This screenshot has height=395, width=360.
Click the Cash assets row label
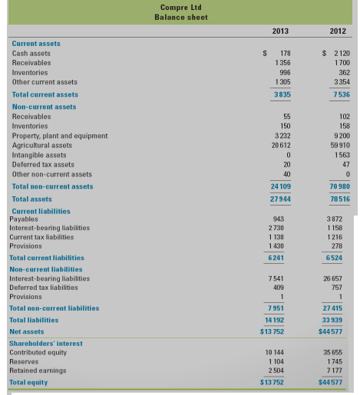tap(31, 53)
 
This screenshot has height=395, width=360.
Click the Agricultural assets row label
tap(42, 144)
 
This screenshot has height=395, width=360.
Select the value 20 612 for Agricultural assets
tap(280, 144)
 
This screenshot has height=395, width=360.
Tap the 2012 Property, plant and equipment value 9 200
tap(340, 135)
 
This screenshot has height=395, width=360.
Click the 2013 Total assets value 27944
tap(280, 198)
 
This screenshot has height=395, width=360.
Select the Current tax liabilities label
tap(45, 236)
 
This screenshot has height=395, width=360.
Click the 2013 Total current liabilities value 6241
tap(281, 258)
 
